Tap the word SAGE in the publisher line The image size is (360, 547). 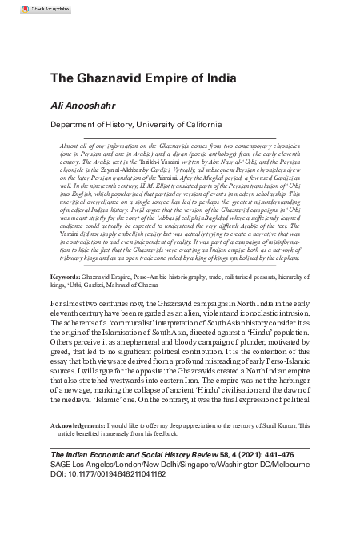tap(62, 464)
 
